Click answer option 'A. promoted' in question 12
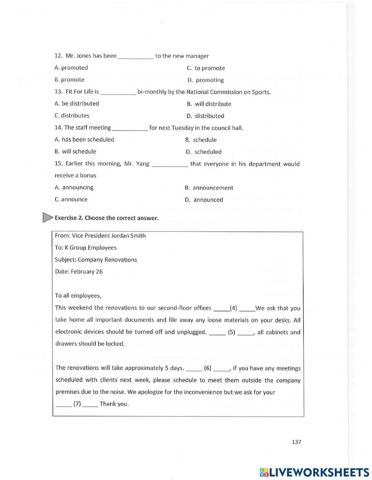click(71, 68)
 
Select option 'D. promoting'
click(206, 80)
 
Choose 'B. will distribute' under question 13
click(209, 104)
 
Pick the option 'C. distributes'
click(72, 116)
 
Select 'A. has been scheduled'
click(84, 139)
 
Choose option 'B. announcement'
click(209, 188)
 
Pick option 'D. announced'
click(204, 200)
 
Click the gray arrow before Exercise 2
click(48, 218)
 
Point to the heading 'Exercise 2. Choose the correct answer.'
click(106, 218)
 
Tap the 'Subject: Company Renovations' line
click(96, 260)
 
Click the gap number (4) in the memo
click(233, 308)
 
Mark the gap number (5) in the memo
click(231, 332)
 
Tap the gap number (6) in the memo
click(208, 368)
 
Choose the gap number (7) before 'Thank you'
click(77, 404)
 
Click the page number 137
click(296, 442)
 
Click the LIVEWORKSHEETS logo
click(314, 472)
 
